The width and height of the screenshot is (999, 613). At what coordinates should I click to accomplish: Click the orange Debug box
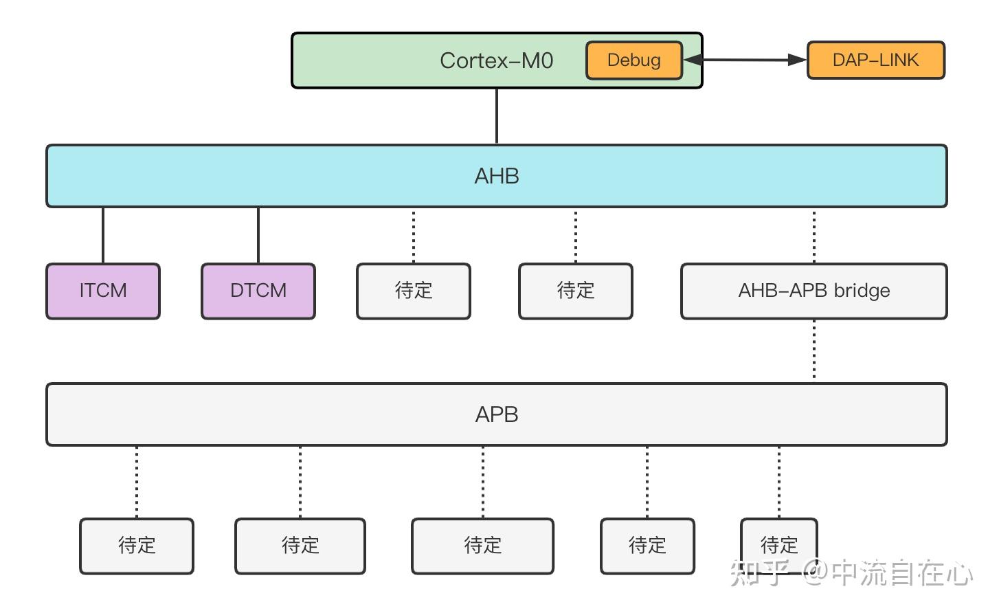pyautogui.click(x=633, y=60)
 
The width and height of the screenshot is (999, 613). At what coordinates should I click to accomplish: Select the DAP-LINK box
pyautogui.click(x=875, y=60)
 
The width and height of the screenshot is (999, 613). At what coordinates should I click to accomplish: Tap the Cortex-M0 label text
pyautogui.click(x=496, y=60)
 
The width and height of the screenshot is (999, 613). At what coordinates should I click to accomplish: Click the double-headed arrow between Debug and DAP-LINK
pyautogui.click(x=745, y=60)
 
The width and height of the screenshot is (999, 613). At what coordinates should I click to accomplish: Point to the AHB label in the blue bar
pyautogui.click(x=496, y=176)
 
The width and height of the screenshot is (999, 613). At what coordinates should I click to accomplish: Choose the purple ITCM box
pyautogui.click(x=103, y=291)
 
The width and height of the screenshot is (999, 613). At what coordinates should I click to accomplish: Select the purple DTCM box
pyautogui.click(x=258, y=291)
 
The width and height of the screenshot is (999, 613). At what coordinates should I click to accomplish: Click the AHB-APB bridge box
pyautogui.click(x=813, y=291)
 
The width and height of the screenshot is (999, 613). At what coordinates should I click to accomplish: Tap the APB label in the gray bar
pyautogui.click(x=496, y=414)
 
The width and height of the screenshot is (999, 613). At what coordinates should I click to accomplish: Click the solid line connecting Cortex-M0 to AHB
pyautogui.click(x=497, y=116)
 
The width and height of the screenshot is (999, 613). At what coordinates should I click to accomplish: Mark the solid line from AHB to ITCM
pyautogui.click(x=103, y=235)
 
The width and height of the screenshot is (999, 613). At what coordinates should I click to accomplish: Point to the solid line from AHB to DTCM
pyautogui.click(x=258, y=235)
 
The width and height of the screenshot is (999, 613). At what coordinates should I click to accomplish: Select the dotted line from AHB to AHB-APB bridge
pyautogui.click(x=814, y=235)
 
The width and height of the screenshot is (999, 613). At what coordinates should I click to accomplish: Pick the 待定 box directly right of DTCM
pyautogui.click(x=414, y=291)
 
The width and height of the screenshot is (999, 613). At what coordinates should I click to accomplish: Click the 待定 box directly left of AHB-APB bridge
pyautogui.click(x=576, y=291)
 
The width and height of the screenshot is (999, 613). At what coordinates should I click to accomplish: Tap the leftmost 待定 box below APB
pyautogui.click(x=137, y=546)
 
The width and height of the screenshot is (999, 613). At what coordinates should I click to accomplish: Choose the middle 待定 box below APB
pyautogui.click(x=482, y=546)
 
